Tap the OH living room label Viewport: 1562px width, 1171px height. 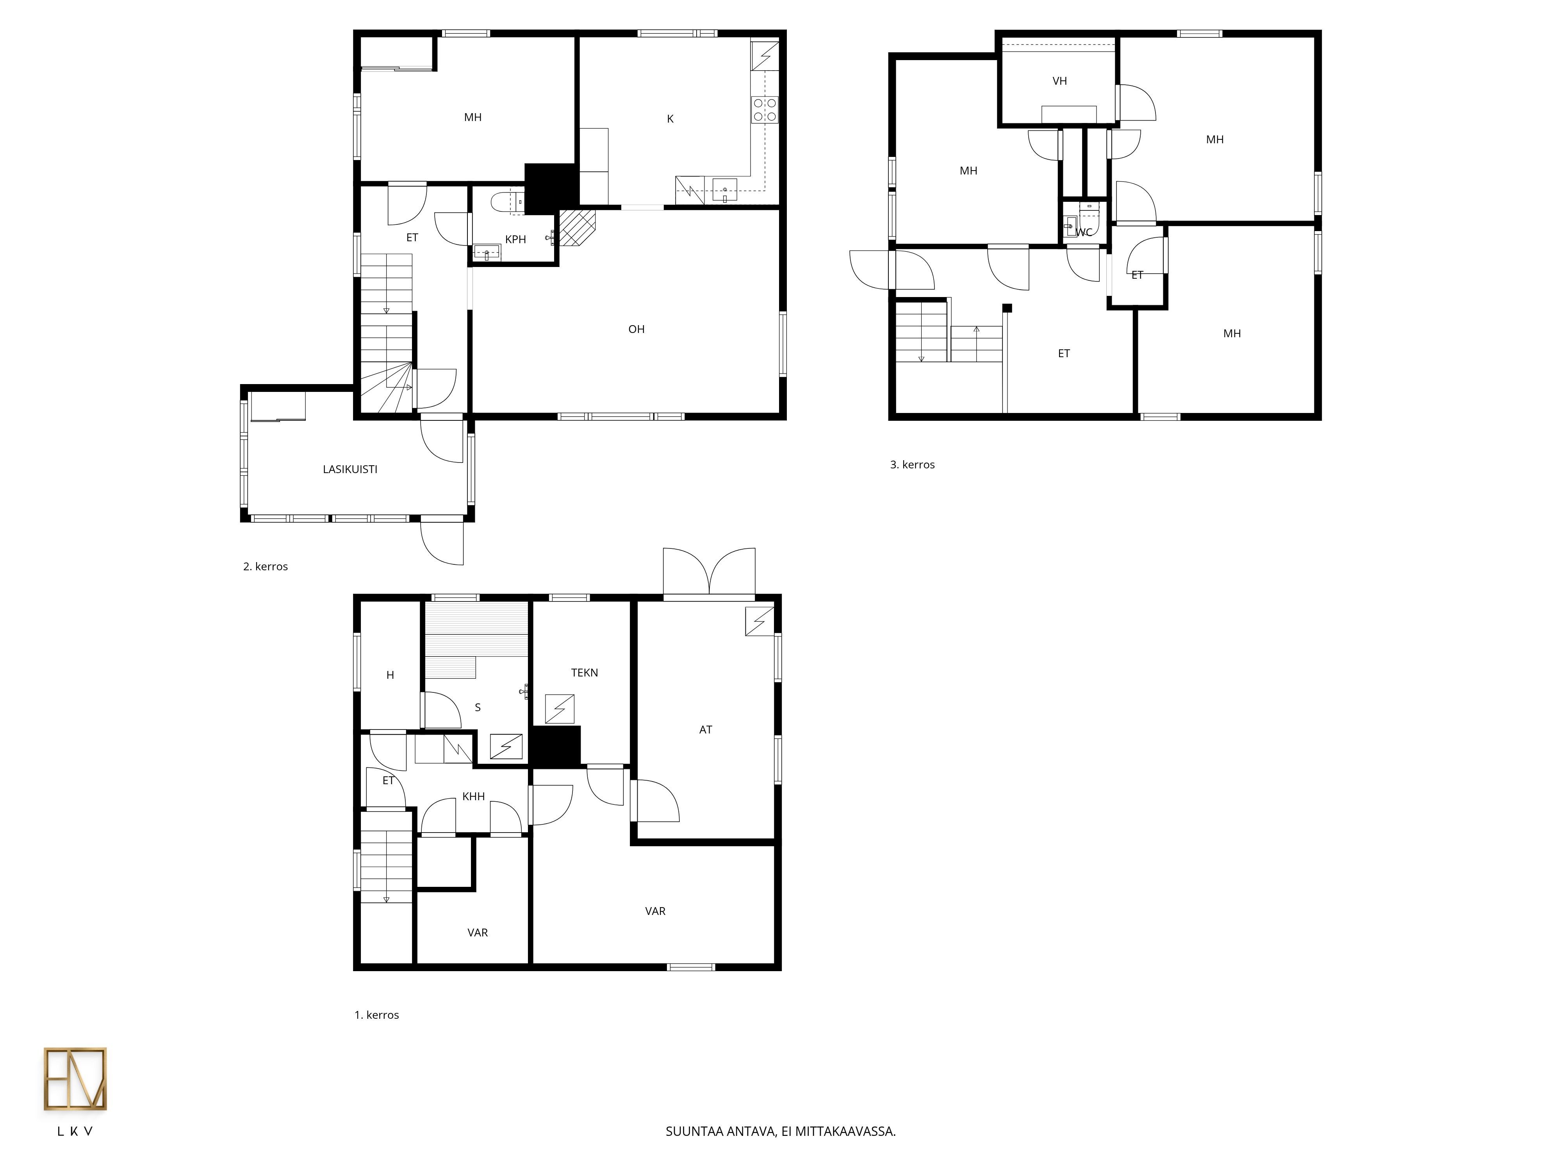(636, 329)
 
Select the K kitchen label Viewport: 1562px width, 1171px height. (670, 119)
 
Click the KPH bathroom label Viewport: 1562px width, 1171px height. (515, 239)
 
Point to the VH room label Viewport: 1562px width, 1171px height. (1059, 81)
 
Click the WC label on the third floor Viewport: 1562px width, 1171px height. (1084, 232)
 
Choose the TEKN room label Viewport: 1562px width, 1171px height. (585, 673)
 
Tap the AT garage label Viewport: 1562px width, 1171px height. (706, 730)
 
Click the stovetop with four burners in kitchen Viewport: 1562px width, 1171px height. (765, 109)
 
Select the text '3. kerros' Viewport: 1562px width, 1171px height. (912, 464)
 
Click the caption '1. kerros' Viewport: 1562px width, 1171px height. (376, 1015)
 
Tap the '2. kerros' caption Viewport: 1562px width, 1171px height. (266, 566)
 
